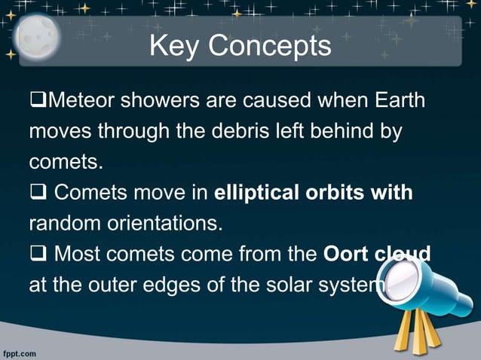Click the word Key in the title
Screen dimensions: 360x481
coord(175,46)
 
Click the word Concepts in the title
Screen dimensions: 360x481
coord(270,46)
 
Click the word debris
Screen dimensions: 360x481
coord(238,132)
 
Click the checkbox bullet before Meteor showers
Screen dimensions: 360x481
coord(37,101)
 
